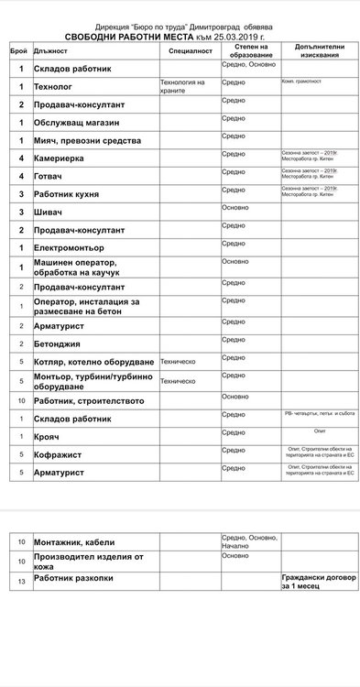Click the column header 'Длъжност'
(50, 51)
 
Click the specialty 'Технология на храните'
(182, 86)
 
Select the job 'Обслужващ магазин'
(77, 122)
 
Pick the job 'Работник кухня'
(72, 194)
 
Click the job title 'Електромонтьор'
(75, 247)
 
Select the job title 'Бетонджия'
(60, 343)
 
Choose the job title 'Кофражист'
(58, 454)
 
